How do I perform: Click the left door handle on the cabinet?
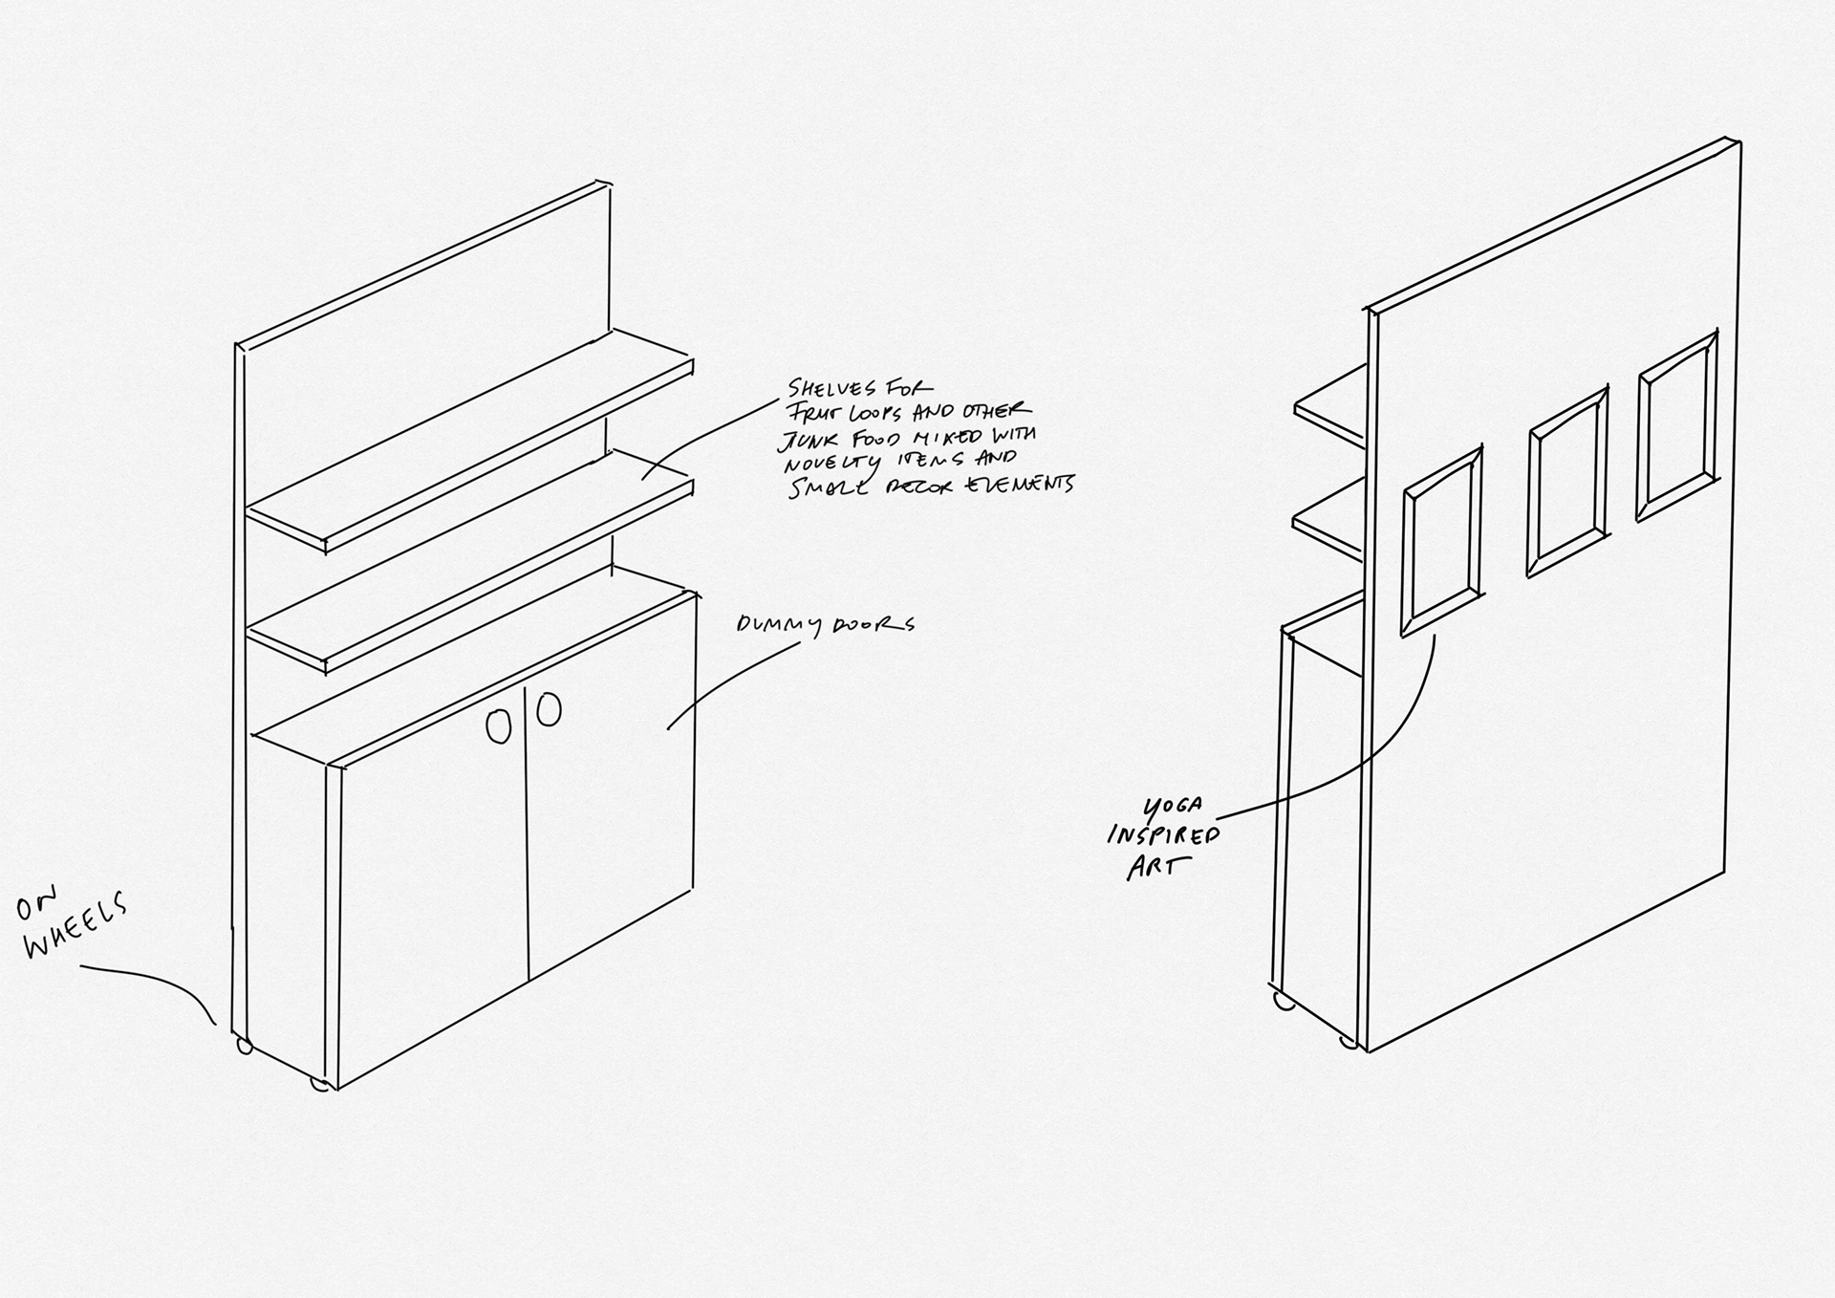(x=498, y=726)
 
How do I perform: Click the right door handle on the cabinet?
(x=549, y=709)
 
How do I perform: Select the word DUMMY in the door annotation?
(x=778, y=626)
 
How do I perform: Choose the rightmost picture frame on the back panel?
(x=1676, y=426)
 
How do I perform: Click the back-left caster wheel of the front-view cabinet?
(x=245, y=1047)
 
